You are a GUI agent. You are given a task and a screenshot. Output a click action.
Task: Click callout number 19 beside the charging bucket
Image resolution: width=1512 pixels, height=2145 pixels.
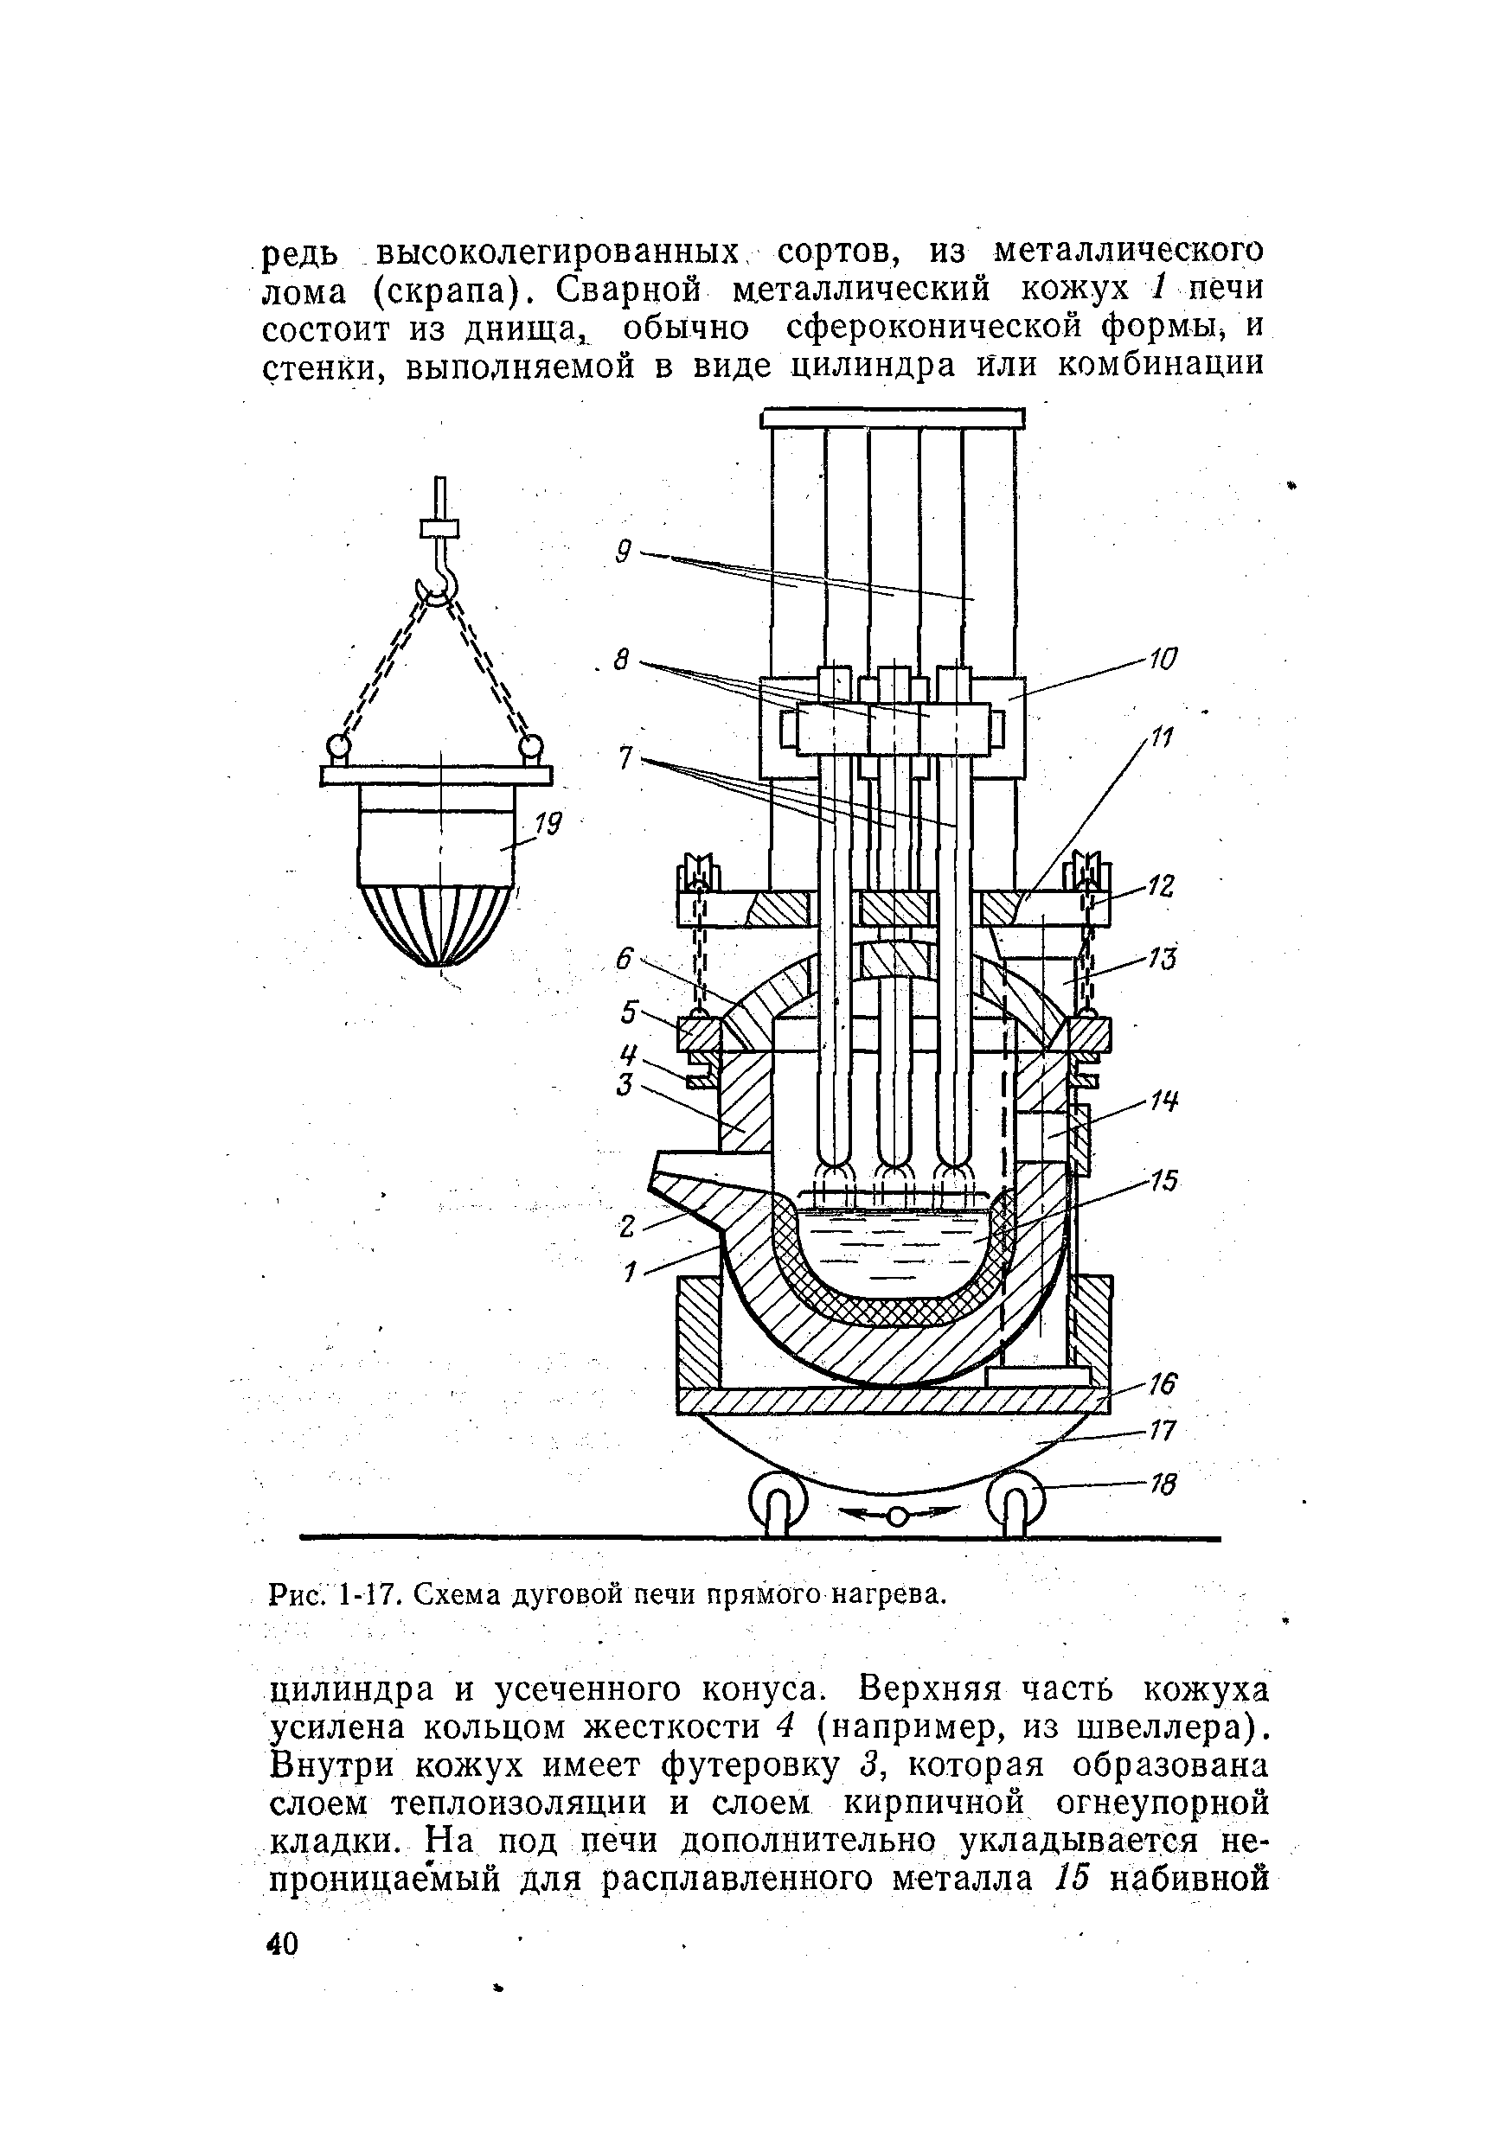coord(548,824)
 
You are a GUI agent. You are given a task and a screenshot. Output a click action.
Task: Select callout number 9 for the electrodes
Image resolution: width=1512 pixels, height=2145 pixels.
coord(624,553)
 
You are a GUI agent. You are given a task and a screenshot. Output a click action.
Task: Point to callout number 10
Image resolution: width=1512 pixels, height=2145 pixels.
coord(1163,659)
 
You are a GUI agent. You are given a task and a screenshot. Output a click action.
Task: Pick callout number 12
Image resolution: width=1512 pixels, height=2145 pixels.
coord(1161,885)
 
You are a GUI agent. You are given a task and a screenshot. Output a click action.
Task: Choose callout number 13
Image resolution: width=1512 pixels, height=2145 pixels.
coord(1162,958)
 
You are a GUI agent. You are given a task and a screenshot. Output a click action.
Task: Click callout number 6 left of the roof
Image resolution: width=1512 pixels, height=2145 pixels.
coord(625,959)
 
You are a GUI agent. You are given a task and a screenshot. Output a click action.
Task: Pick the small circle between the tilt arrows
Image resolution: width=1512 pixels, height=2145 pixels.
coord(896,1516)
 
